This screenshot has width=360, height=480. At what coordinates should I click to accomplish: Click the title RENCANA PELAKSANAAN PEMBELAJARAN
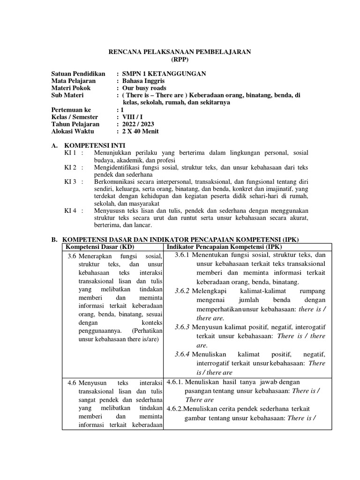[180, 52]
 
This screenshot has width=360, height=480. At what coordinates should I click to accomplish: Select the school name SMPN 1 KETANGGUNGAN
[164, 74]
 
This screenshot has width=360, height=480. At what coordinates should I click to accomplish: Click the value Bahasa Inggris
[142, 81]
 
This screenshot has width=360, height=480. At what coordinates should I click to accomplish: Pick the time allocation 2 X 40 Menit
[140, 131]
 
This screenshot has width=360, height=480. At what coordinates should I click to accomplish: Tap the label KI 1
[70, 153]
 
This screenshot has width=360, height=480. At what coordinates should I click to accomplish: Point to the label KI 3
[70, 181]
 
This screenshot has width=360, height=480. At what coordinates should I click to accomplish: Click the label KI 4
[70, 210]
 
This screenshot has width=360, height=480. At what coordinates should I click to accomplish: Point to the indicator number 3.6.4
[181, 354]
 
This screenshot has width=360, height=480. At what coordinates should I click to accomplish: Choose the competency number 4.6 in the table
[72, 382]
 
